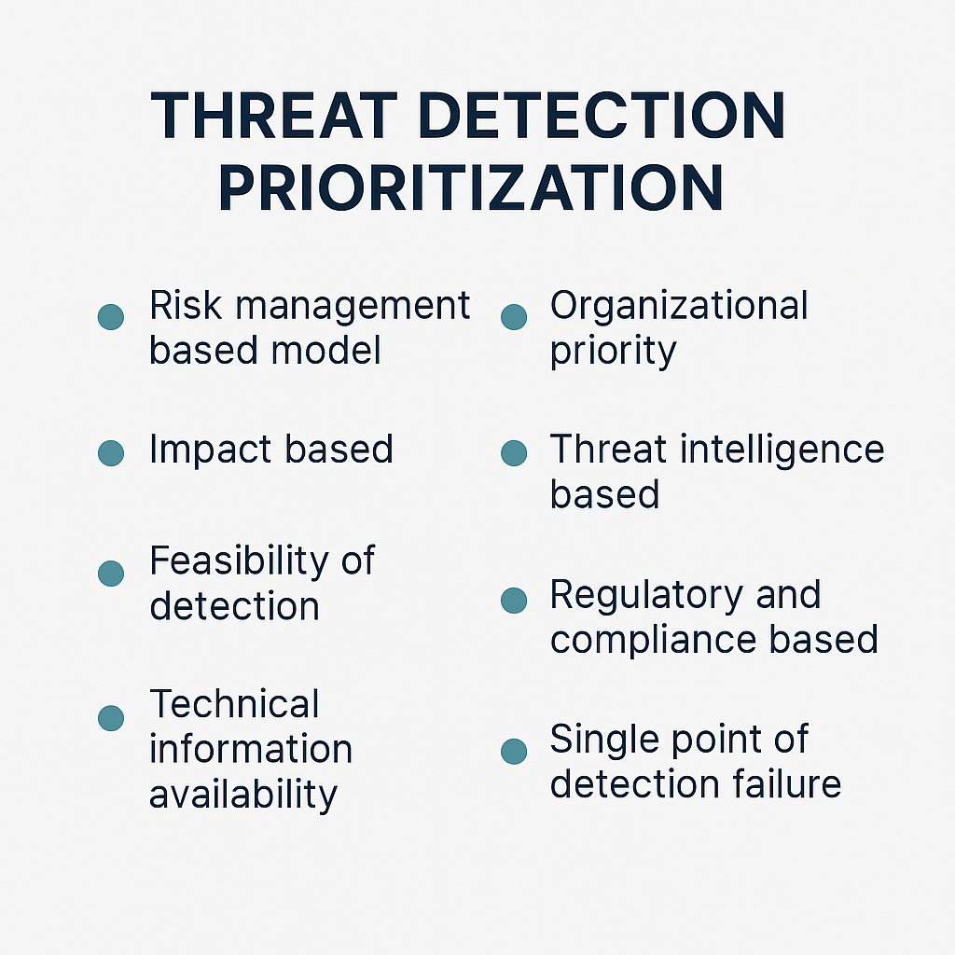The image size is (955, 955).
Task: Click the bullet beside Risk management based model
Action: [111, 316]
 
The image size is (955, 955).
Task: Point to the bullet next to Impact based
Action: [111, 453]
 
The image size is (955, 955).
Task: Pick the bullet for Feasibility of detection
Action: [111, 573]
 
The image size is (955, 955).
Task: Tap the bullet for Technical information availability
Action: [111, 717]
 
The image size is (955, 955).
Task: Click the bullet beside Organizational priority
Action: [513, 316]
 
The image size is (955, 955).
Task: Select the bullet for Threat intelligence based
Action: [513, 453]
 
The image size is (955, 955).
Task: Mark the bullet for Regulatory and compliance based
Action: [513, 600]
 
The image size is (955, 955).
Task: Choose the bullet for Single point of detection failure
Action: [513, 751]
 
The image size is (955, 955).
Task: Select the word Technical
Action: [234, 704]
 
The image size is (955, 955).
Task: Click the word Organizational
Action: [679, 306]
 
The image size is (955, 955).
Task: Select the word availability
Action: [242, 795]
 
